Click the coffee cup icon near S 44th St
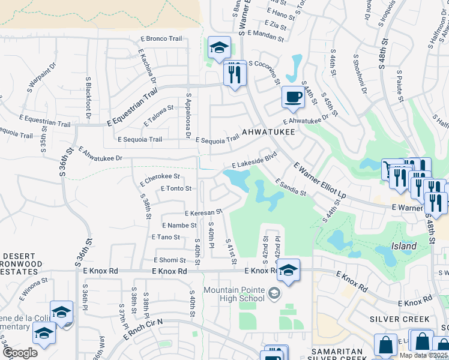point(293,97)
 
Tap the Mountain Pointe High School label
point(234,294)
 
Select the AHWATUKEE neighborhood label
point(268,133)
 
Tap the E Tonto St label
point(176,188)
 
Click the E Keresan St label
point(203,212)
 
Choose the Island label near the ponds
point(404,246)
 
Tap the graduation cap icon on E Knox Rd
point(288,270)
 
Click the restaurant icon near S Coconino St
point(235,74)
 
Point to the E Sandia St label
point(291,187)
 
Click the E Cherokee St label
point(160,177)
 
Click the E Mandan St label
point(265,36)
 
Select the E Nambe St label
point(178,225)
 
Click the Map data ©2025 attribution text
point(423,355)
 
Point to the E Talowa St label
point(158,116)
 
